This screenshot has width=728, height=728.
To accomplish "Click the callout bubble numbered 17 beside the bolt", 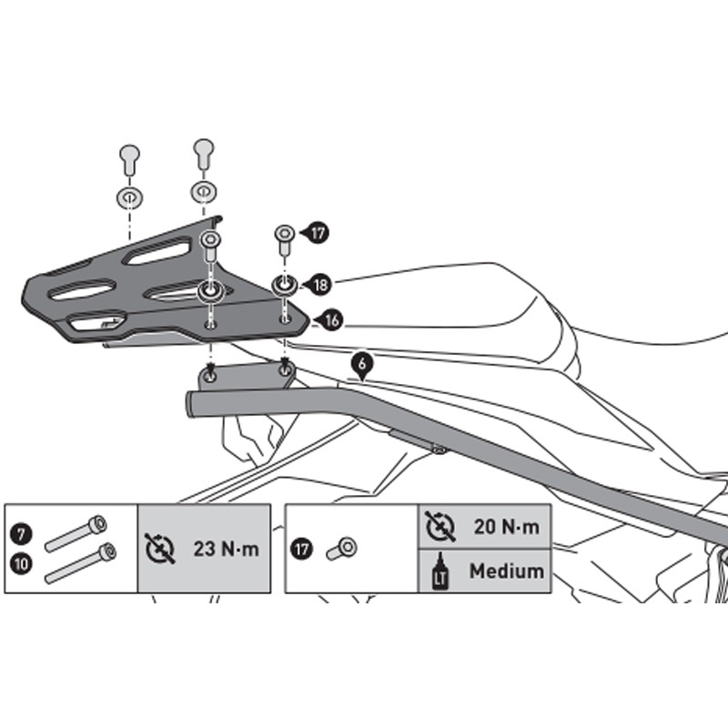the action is (x=317, y=233).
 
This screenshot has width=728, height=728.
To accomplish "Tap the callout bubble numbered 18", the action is (x=320, y=285).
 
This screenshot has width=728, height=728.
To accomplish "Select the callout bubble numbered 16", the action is (x=331, y=320).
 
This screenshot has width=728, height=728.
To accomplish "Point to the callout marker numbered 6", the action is (x=361, y=367).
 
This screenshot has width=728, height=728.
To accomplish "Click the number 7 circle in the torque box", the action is (x=21, y=534).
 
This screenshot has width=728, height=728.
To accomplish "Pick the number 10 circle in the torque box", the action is (x=21, y=564).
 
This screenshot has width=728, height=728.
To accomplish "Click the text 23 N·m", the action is (x=226, y=549).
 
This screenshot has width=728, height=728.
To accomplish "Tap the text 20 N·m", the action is (x=507, y=527).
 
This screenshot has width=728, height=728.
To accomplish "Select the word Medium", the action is (x=507, y=571).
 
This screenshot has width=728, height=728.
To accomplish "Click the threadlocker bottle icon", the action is (x=440, y=571).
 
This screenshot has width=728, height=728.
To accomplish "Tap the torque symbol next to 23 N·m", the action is (x=160, y=549).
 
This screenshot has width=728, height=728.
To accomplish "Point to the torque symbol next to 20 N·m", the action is (x=440, y=527).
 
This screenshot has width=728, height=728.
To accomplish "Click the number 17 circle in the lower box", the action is (x=302, y=550).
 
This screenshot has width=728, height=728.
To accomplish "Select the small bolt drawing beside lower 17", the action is (x=342, y=549).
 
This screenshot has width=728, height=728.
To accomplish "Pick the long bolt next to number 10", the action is (x=81, y=562).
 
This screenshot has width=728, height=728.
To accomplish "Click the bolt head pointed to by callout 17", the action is (x=285, y=233).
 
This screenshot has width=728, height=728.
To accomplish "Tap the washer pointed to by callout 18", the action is (x=285, y=284).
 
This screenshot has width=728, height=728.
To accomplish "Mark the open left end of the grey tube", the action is (x=190, y=404).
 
